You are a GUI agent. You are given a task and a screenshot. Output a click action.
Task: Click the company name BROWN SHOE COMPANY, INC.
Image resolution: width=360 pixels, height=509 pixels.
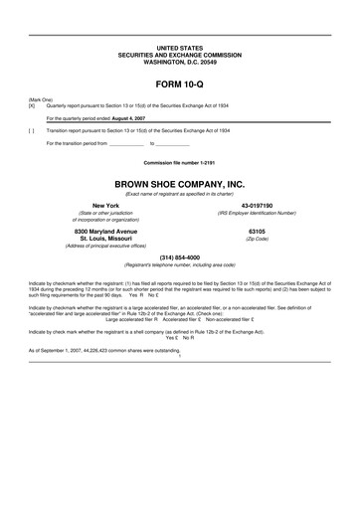coord(179,184)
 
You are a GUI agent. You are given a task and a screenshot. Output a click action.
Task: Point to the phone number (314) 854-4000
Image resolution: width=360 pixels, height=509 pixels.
coord(179,257)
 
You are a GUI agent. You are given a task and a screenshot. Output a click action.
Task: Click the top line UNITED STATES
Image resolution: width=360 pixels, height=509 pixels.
coord(179,47)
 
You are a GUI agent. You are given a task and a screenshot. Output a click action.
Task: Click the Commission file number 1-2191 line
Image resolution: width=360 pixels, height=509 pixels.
coord(179,161)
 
